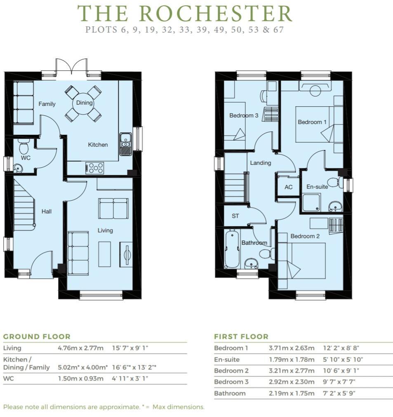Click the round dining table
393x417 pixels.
(83, 103)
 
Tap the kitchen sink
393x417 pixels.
(125, 144)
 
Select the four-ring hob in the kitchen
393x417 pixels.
(95, 168)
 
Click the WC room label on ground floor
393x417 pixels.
(26, 158)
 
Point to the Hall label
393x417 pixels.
(47, 211)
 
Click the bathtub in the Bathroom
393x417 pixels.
(232, 249)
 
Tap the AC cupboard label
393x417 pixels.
(289, 187)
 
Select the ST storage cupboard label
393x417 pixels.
(235, 216)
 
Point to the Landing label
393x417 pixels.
(261, 163)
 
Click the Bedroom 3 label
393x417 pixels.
(244, 115)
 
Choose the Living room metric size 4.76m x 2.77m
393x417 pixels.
(80, 348)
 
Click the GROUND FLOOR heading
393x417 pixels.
(37, 337)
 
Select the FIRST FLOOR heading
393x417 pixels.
(241, 337)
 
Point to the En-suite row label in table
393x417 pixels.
(227, 359)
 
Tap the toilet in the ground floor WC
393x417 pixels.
(24, 147)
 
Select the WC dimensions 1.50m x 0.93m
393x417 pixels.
(80, 378)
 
